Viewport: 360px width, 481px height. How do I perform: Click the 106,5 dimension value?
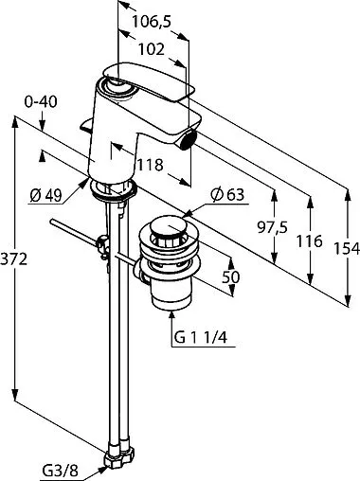(x=151, y=22)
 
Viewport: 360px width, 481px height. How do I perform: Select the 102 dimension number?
(x=152, y=49)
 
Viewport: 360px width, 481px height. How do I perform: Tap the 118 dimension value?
(x=150, y=165)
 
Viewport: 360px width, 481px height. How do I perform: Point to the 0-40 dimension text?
(x=41, y=102)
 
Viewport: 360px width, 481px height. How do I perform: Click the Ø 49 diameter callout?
(x=45, y=196)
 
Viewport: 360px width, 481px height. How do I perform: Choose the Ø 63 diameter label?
(x=228, y=195)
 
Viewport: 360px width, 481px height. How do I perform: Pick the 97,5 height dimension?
(x=272, y=227)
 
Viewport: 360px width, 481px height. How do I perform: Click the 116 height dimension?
(x=310, y=241)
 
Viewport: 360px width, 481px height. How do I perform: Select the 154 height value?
(x=347, y=249)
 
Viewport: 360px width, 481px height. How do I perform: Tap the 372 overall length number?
(x=13, y=259)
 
